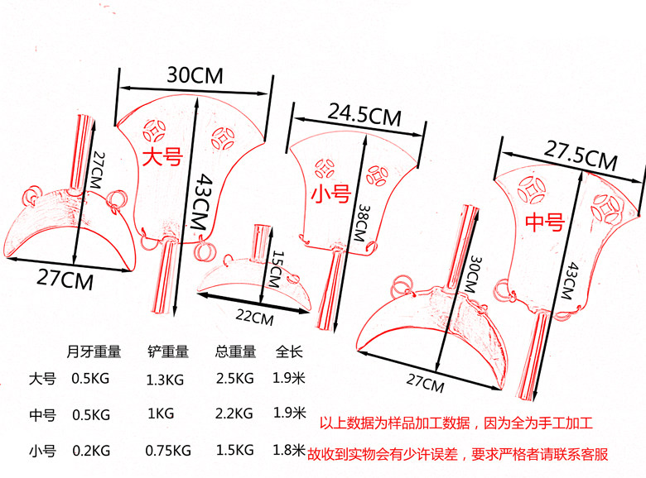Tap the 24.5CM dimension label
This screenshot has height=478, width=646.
click(364, 114)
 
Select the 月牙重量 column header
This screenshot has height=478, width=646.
click(94, 351)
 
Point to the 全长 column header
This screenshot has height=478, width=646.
click(287, 351)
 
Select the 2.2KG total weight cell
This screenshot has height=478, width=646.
click(234, 413)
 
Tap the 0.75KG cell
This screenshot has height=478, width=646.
click(167, 450)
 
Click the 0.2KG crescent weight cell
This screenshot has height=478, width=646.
click(91, 450)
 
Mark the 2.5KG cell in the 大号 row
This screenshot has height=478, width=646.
click(234, 379)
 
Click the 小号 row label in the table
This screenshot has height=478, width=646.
click(42, 451)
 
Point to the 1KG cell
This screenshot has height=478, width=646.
click(160, 413)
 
